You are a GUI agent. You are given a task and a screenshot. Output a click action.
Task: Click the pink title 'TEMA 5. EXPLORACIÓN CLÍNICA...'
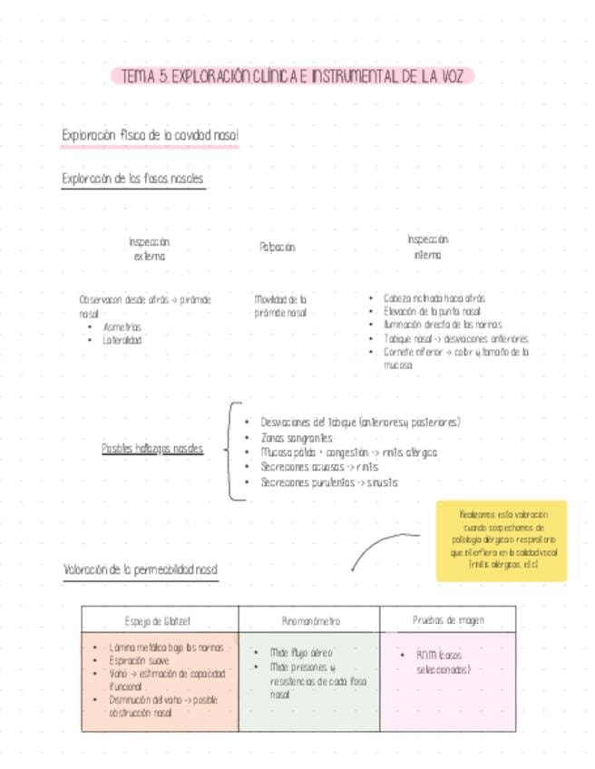coord(292,76)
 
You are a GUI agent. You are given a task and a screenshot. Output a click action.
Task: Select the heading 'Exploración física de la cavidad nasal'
coord(150,135)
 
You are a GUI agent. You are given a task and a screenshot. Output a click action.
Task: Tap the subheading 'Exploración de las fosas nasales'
coord(132,179)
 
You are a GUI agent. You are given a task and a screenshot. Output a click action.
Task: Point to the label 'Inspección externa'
coord(150,249)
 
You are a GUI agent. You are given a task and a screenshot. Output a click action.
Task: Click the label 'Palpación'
coord(278,247)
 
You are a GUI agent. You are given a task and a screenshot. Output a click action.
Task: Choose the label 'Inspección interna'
coord(427,248)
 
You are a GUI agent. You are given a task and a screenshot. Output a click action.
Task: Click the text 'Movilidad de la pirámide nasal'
coord(281,306)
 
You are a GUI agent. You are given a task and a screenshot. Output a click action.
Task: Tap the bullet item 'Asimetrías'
coord(122,326)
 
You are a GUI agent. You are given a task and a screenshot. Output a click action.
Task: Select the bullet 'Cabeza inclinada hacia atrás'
coord(434,297)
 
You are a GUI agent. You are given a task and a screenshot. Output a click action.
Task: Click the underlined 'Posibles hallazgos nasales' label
coord(152,448)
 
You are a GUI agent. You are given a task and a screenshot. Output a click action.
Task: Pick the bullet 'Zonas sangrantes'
coord(296,437)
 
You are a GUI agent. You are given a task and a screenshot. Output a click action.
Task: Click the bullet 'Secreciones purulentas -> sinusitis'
coord(328,482)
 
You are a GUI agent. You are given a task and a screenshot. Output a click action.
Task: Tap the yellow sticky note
coord(501,540)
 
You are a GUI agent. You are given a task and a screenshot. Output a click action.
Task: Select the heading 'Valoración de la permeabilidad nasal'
coord(141,569)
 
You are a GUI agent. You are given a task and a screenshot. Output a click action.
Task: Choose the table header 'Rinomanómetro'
coord(310,621)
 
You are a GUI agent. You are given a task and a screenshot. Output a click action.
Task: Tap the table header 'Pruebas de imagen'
coord(448,620)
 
